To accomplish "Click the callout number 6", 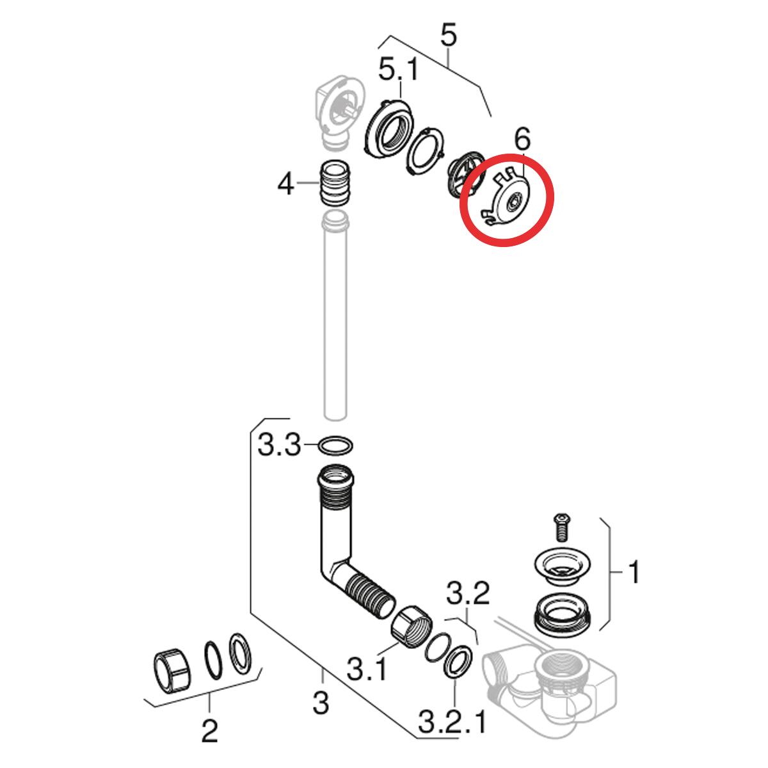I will tap(523, 139).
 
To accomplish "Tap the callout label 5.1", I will tap(398, 68).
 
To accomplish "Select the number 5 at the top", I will tap(449, 36).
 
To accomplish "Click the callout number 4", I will tap(285, 186).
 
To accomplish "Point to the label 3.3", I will tap(278, 444).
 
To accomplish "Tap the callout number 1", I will tap(633, 573).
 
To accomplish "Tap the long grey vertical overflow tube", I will tap(335, 320).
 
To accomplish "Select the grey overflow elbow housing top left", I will tap(337, 106).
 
